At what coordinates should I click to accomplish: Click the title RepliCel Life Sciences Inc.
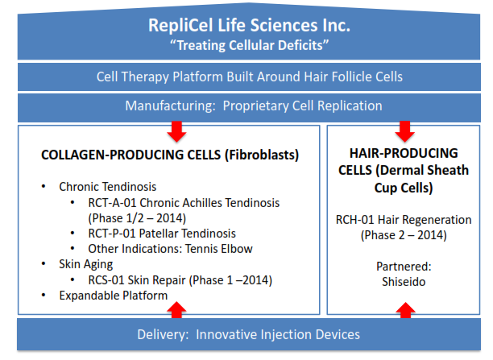coord(249,25)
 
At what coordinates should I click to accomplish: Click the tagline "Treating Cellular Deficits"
coord(249,45)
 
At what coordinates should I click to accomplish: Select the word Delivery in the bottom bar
coord(163,334)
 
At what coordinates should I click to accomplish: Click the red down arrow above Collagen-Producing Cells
coord(176,131)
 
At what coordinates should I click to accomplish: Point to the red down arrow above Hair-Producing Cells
coord(404,131)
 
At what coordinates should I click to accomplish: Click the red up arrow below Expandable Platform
coord(176,310)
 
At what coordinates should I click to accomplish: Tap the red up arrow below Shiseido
coord(405,310)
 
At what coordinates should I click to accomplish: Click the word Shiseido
coord(404,282)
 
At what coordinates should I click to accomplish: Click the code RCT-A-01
coord(112,203)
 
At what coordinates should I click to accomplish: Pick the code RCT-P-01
coord(112,234)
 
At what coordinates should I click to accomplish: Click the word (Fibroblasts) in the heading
coord(262,155)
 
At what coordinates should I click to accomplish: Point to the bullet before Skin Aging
coord(43,264)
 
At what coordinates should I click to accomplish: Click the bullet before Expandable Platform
coord(43,295)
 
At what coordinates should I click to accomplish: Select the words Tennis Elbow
coord(219,249)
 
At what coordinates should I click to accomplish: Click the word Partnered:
coord(404,267)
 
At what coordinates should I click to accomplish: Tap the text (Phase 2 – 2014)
coord(404,235)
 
